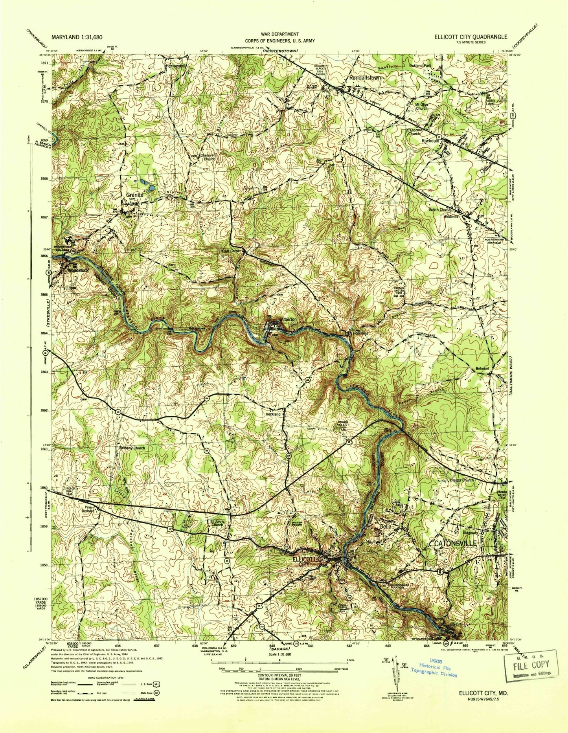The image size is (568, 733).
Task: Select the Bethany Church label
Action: pos(132,448)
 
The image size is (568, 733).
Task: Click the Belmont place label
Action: pos(482,369)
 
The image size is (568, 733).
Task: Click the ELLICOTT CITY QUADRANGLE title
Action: pos(470,37)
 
